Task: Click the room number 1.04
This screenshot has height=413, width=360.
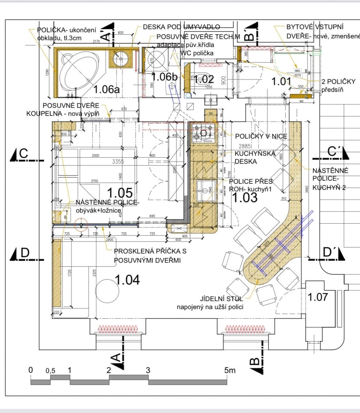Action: pos(127,280)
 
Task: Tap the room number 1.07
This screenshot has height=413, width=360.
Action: pos(317,297)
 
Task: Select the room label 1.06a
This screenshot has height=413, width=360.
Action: pos(107,89)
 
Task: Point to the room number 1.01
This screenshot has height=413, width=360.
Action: pos(281,82)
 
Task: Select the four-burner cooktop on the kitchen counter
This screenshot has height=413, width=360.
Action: pos(203,133)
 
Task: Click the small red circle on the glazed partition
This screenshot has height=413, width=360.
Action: pos(81,225)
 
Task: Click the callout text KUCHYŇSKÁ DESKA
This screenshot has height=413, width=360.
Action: pos(255,157)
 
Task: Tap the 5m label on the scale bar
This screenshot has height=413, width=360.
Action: pos(230,370)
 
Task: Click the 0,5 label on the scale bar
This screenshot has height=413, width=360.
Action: pos(50,371)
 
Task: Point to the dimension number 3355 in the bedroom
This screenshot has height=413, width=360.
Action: pos(118,161)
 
